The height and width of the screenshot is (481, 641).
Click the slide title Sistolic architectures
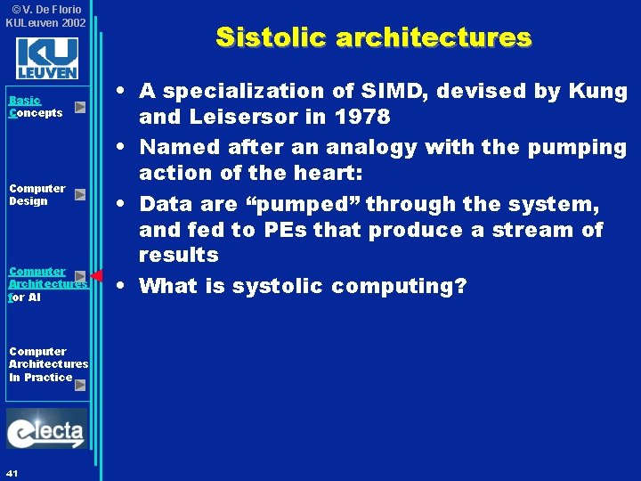373,37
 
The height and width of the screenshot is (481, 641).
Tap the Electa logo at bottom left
46,430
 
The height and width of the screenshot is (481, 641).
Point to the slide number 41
12,471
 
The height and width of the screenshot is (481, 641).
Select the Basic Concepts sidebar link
36,107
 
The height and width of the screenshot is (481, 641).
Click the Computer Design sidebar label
37,194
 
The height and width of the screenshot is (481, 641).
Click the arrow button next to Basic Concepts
80,107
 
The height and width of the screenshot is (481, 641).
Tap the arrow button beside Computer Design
80,194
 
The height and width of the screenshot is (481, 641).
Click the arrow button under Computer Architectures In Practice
80,386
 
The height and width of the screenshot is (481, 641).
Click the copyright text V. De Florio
50,9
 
